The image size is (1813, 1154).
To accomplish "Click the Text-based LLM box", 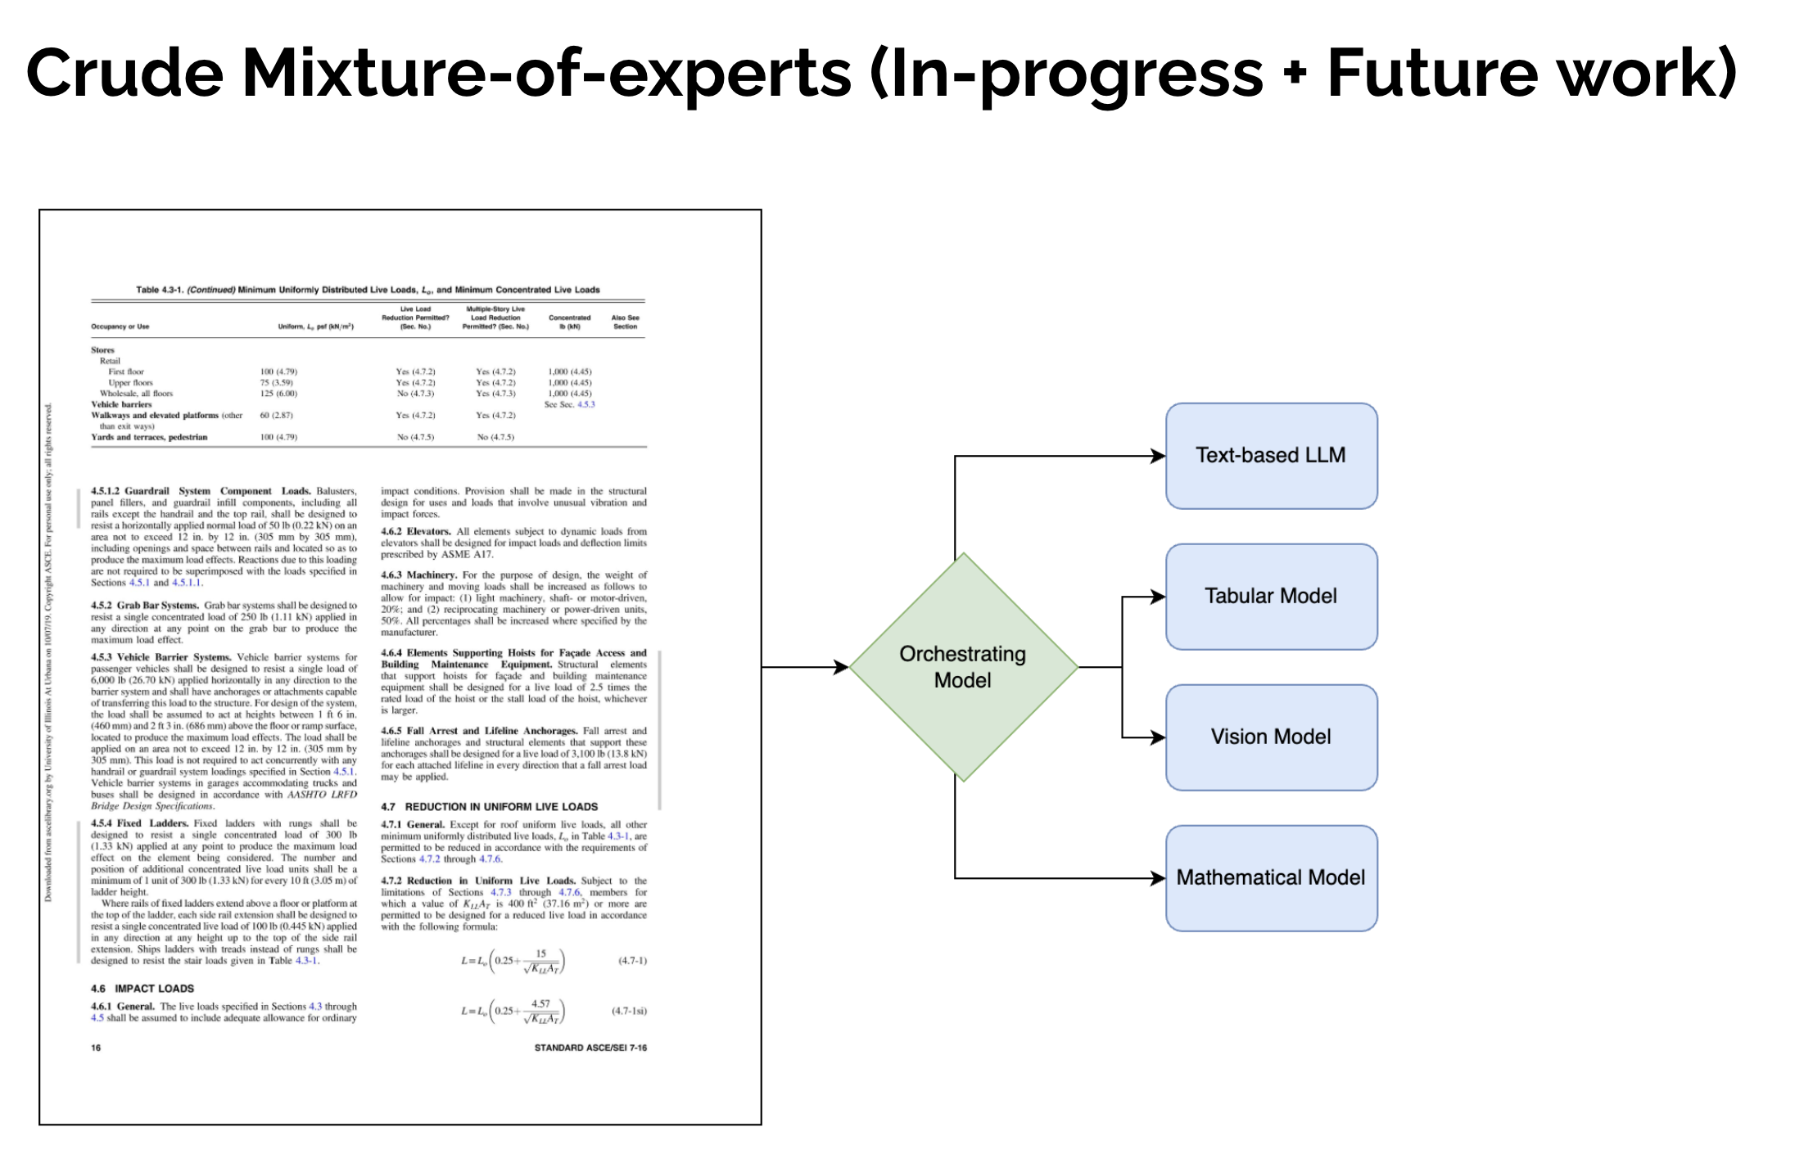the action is (x=1271, y=456).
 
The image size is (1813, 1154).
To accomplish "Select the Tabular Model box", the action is (x=1271, y=597).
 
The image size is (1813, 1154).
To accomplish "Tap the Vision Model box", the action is (x=1271, y=737).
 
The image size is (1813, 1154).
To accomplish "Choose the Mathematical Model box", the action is (x=1271, y=878).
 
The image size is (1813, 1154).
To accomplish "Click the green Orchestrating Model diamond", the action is (x=963, y=667).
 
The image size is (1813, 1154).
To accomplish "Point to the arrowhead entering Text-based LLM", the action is (x=1158, y=456).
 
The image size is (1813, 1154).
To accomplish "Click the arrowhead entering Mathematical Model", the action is (x=1158, y=878).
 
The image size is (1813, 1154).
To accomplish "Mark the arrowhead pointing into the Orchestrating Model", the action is (x=841, y=667).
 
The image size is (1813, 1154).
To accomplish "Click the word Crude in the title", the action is (x=124, y=74).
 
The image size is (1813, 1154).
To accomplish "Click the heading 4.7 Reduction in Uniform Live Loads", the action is (x=490, y=807).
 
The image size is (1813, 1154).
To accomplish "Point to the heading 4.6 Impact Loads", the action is (x=142, y=989).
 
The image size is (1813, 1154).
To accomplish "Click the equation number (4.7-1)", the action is (x=632, y=961).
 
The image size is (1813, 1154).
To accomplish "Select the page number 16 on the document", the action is (x=96, y=1048).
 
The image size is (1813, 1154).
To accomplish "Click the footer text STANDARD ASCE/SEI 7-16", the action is (x=590, y=1048).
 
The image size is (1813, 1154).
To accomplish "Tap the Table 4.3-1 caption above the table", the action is (x=368, y=290).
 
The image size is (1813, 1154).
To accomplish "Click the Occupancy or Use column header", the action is (x=120, y=327).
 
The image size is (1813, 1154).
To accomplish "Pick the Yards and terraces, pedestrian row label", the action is (x=149, y=437).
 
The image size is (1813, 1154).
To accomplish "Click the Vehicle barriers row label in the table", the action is (x=121, y=404).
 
